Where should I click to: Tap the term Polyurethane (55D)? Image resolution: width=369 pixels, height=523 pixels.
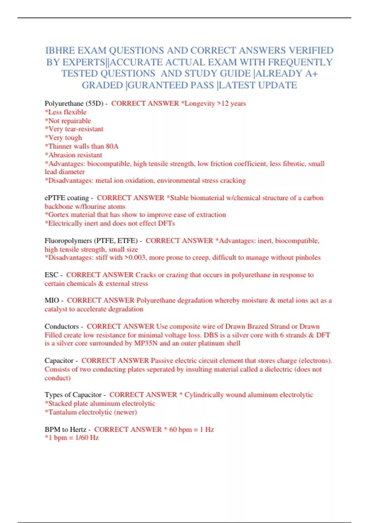click(74, 103)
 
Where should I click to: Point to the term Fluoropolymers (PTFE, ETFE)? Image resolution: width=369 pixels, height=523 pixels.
click(91, 241)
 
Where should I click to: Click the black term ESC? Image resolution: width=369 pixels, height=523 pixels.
click(51, 275)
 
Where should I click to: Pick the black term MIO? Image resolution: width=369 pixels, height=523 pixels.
click(52, 300)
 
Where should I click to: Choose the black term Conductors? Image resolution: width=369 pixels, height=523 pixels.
click(61, 326)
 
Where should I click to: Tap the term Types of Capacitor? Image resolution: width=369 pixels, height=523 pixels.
click(73, 395)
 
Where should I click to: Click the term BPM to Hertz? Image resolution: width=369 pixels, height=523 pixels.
click(65, 429)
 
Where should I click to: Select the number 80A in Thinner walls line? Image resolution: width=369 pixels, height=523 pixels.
click(112, 146)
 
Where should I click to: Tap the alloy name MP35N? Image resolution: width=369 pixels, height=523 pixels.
click(146, 343)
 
